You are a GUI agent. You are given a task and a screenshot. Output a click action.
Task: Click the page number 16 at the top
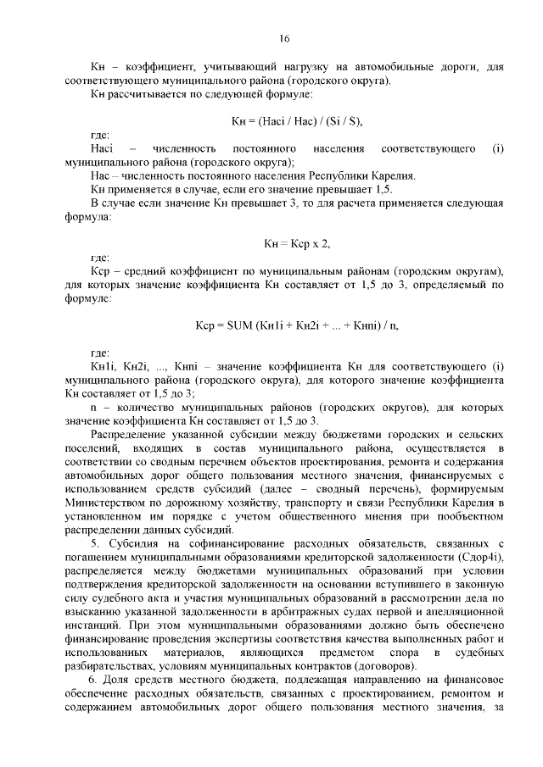(x=285, y=39)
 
